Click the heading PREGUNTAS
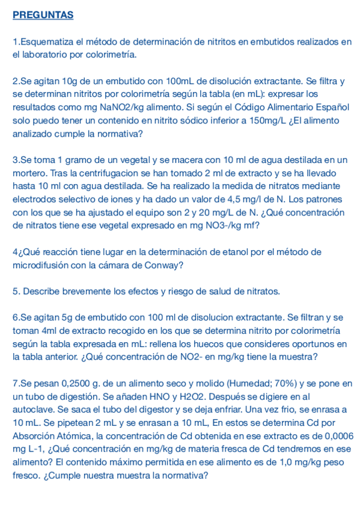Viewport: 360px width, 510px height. tap(43, 15)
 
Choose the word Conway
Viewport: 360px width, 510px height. tap(164, 265)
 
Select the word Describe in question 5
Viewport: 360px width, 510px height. tap(41, 291)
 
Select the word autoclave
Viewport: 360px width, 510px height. tap(32, 410)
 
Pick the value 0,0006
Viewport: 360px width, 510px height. tap(338, 436)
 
